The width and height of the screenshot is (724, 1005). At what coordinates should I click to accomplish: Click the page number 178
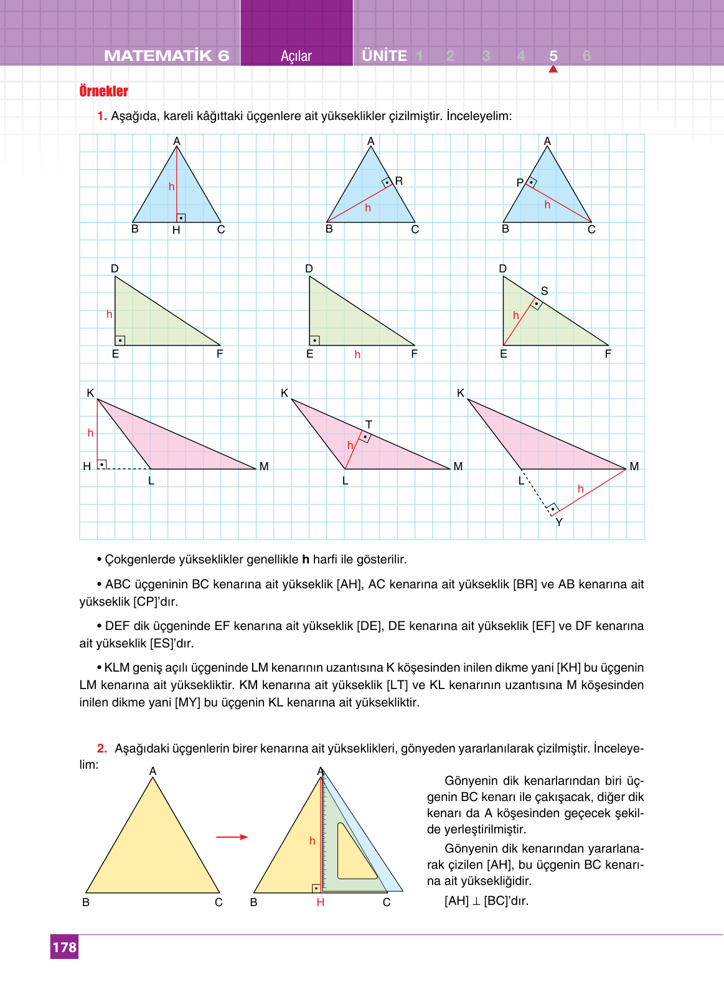pos(64,947)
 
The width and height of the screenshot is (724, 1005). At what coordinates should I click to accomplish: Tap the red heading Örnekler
pos(103,91)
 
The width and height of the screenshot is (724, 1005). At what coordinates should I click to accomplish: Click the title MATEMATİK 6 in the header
pos(166,56)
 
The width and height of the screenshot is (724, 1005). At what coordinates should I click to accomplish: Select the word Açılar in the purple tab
pos(296,56)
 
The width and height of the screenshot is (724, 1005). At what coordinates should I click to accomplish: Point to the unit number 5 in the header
pos(553,56)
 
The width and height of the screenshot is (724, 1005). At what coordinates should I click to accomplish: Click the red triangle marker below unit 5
pos(553,69)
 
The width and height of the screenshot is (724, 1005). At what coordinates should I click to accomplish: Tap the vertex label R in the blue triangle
pos(399,181)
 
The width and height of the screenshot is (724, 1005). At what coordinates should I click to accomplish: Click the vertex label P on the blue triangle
pos(520,183)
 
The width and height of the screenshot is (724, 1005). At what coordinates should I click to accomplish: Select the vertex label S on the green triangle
pos(545,291)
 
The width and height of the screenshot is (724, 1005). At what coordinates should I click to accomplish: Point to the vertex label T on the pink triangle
pos(369,424)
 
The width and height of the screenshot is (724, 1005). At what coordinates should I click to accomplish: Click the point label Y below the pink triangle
pos(559,522)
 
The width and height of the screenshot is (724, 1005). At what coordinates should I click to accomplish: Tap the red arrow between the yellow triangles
pos(232,837)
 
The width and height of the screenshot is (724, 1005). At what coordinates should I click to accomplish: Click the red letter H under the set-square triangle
pos(320,902)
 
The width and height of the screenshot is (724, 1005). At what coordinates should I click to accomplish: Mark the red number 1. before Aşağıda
pos(102,116)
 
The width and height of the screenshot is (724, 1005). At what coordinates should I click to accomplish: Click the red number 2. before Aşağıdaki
pos(102,748)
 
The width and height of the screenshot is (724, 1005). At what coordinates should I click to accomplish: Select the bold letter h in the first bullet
pos(306,560)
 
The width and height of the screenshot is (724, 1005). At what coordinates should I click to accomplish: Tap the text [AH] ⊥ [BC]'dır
pos(486,901)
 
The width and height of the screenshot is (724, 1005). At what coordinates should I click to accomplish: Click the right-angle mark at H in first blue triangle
pos(181,218)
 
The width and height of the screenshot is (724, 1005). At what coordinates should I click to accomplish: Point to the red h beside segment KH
pos(90,433)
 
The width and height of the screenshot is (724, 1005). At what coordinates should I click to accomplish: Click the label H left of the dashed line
pos(87,466)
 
